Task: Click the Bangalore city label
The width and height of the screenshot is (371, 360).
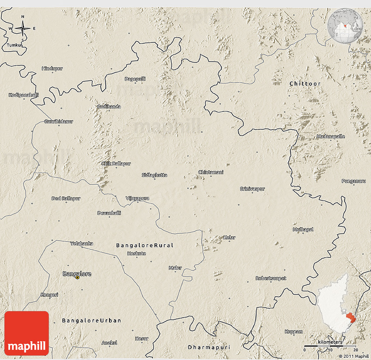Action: click(x=77, y=274)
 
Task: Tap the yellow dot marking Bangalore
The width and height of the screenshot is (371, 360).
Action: click(x=78, y=277)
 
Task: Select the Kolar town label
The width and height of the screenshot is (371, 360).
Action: click(x=229, y=238)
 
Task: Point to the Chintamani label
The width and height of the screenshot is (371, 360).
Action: click(x=211, y=172)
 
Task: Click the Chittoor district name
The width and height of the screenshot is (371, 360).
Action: click(x=305, y=83)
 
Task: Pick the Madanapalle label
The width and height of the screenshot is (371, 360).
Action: click(x=330, y=137)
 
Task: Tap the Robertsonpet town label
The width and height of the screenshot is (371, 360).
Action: click(x=271, y=278)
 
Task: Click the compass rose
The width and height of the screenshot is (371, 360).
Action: click(x=23, y=28)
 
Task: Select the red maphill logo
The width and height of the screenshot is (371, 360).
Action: click(x=27, y=333)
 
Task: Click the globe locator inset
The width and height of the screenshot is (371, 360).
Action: click(x=345, y=25)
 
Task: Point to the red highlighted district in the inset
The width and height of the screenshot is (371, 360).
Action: click(x=350, y=318)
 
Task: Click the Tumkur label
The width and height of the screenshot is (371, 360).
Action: click(x=14, y=45)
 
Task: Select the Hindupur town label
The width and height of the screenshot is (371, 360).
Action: click(x=52, y=69)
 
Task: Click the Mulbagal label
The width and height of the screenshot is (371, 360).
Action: click(x=303, y=229)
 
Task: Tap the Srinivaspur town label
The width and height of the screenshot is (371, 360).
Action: click(x=252, y=189)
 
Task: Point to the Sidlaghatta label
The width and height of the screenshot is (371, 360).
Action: click(x=155, y=175)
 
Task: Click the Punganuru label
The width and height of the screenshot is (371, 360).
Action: click(x=354, y=181)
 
